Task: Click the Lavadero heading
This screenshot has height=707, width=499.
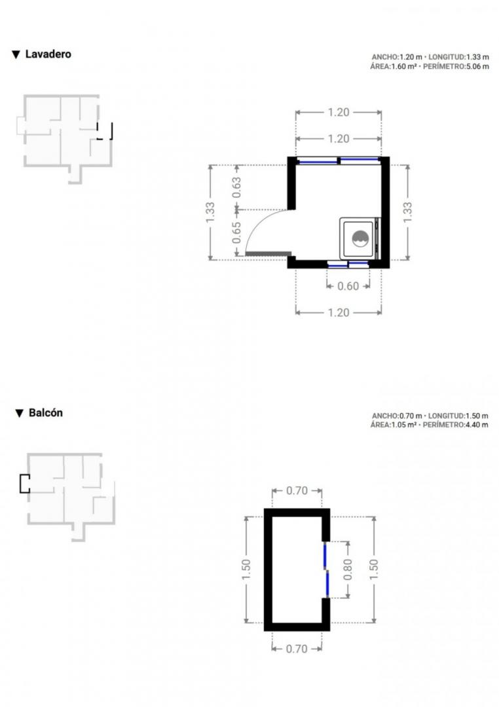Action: tap(48, 54)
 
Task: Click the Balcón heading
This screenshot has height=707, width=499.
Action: tap(46, 413)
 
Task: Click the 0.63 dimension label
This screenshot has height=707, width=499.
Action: tap(236, 187)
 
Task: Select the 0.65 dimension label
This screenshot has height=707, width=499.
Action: tap(236, 232)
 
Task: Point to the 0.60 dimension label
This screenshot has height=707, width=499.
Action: tap(348, 286)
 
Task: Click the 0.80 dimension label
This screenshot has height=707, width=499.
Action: tap(348, 570)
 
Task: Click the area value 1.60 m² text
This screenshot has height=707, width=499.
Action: tap(404, 67)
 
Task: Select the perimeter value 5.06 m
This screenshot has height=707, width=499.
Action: tap(477, 67)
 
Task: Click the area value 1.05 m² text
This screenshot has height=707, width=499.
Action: tap(404, 426)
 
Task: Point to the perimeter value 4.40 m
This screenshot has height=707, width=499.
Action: tap(477, 426)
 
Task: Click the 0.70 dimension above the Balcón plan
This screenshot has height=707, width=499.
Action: tap(297, 490)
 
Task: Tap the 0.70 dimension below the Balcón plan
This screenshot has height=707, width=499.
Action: tap(297, 649)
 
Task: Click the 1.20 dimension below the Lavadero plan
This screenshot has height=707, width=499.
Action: tap(339, 312)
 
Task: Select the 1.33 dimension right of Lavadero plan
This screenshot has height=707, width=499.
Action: tap(407, 212)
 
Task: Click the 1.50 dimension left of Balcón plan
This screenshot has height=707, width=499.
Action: tap(246, 570)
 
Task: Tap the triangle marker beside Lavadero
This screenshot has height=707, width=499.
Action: tap(16, 54)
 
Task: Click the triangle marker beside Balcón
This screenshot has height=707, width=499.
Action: tap(19, 414)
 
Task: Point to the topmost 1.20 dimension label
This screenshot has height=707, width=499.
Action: tap(339, 113)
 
